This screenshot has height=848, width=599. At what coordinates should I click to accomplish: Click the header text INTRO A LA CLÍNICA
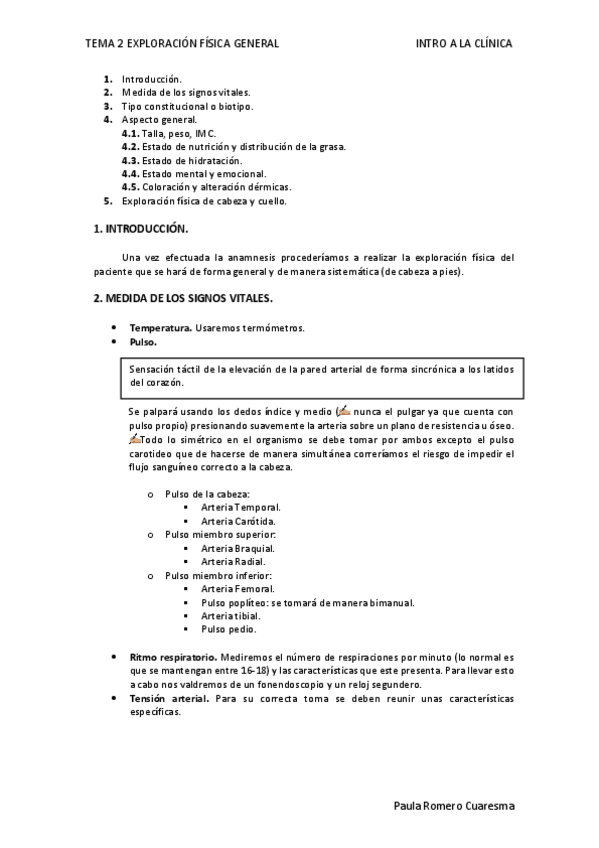(464, 44)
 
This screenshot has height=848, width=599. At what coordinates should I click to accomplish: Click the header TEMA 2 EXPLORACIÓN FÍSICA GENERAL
(182, 44)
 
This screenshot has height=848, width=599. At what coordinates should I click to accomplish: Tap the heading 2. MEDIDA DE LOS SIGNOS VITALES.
(182, 298)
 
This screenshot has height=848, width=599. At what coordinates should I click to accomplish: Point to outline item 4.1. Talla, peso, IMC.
(169, 133)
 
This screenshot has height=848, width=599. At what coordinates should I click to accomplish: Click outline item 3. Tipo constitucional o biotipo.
(187, 106)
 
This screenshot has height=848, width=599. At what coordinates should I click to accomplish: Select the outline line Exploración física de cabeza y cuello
(204, 201)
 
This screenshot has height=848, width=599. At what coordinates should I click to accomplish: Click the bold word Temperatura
(160, 328)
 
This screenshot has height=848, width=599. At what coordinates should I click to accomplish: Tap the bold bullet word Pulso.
(144, 342)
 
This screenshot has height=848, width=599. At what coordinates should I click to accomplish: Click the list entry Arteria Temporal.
(240, 508)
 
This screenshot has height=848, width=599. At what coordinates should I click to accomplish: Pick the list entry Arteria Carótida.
(238, 521)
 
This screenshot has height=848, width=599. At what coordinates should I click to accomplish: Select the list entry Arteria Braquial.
(237, 548)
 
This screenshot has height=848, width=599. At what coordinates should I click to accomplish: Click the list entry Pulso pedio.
(228, 629)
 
